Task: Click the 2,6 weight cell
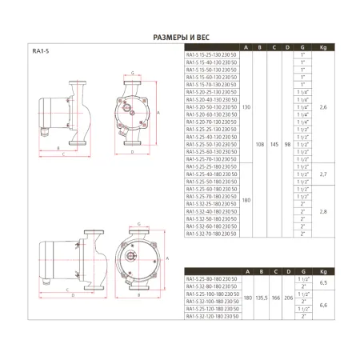[322, 106]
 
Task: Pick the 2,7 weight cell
[322, 173]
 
